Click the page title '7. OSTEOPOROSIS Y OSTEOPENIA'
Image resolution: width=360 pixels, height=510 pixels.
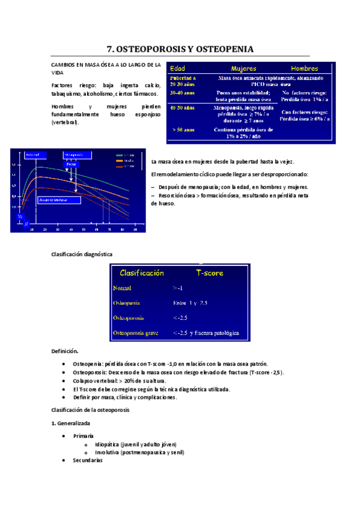click(x=180, y=49)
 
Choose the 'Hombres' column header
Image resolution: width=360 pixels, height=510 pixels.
click(x=305, y=68)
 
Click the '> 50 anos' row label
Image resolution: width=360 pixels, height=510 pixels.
click(x=183, y=129)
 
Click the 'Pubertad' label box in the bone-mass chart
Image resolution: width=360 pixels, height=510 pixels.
click(x=33, y=155)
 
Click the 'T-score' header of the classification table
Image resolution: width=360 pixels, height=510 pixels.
click(x=210, y=272)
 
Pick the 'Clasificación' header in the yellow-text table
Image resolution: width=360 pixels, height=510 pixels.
click(x=142, y=272)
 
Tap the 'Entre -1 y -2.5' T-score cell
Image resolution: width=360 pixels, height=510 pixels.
click(x=190, y=303)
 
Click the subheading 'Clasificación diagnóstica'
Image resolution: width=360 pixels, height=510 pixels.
click(x=81, y=254)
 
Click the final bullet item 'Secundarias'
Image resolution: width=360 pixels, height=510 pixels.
click(x=87, y=460)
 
